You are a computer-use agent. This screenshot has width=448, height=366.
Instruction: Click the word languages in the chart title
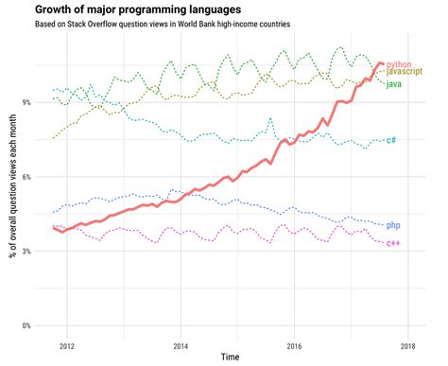[221, 9]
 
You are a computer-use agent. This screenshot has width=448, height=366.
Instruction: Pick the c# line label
[391, 140]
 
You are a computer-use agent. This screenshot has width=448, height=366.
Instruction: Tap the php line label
[393, 225]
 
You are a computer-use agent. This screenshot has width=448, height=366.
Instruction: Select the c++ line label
[393, 243]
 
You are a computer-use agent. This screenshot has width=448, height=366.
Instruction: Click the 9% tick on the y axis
[26, 102]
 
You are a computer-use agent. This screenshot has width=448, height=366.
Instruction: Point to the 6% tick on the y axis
[26, 177]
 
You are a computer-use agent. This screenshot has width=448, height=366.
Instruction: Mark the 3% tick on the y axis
[26, 252]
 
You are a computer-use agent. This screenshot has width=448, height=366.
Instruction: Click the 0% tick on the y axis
[26, 326]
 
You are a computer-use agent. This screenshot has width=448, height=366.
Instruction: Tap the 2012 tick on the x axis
[67, 345]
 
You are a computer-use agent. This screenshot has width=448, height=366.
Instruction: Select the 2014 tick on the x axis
[181, 345]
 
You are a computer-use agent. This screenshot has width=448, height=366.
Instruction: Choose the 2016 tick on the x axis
[295, 345]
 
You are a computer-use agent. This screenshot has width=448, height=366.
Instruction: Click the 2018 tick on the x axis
[408, 345]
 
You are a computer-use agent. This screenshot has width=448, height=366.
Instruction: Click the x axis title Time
[230, 358]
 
